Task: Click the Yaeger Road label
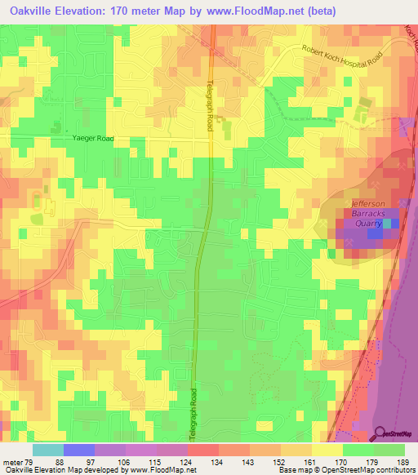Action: click(x=92, y=139)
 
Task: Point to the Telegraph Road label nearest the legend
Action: click(x=193, y=413)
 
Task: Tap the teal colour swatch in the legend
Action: click(x=48, y=450)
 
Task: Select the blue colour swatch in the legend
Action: click(x=79, y=450)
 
